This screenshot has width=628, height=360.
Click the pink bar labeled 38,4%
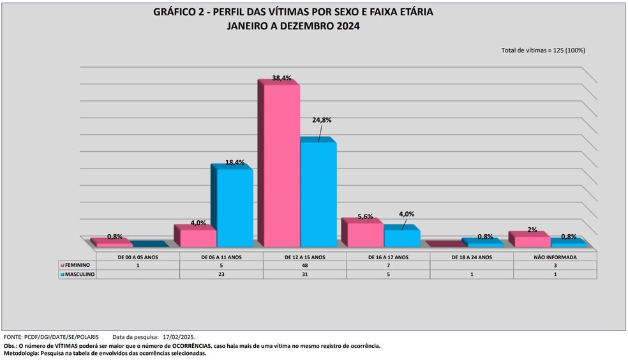tap(278, 166)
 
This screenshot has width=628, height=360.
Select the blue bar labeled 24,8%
tap(317, 194)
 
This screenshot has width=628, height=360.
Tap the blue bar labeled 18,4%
tap(234, 207)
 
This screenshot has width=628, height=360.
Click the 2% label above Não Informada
tap(532, 230)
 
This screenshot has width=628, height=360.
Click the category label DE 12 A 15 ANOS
tap(304, 257)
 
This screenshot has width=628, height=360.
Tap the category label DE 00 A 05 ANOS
tap(138, 257)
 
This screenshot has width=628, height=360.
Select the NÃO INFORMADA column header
tap(555, 257)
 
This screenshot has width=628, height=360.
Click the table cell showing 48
tap(304, 266)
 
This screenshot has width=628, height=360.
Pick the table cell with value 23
tap(221, 274)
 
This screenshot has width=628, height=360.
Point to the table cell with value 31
tap(304, 274)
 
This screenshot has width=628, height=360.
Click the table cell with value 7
tap(388, 266)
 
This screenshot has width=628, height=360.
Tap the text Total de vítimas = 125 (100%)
tap(543, 50)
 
